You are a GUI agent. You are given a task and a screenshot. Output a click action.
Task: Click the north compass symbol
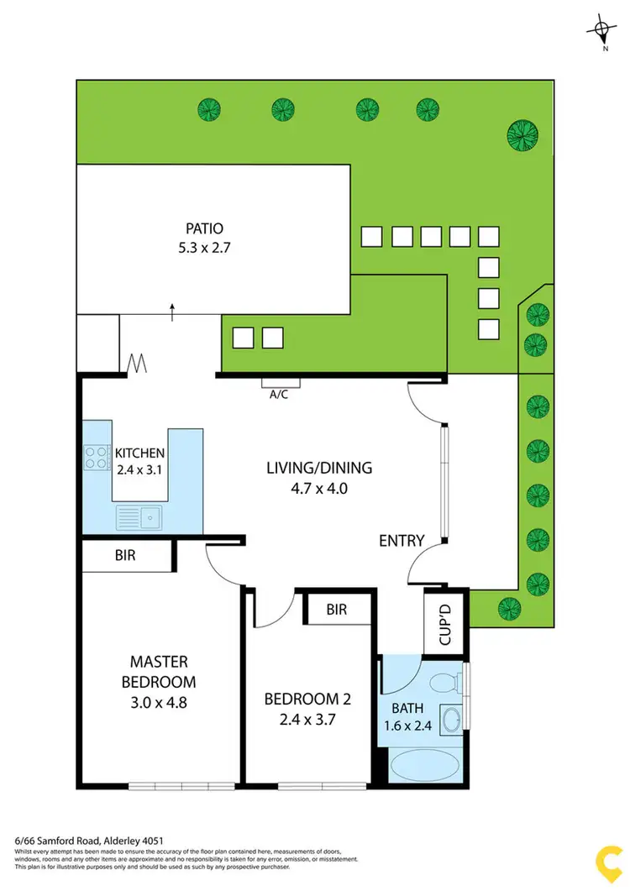pyautogui.click(x=602, y=31)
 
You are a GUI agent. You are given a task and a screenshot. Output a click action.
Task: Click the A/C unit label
pyautogui.click(x=278, y=394)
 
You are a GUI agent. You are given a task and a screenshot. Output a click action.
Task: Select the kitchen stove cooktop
pyautogui.click(x=95, y=456)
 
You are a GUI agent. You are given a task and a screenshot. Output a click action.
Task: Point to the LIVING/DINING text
pyautogui.click(x=319, y=468)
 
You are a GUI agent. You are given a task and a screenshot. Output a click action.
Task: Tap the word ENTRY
pyautogui.click(x=402, y=541)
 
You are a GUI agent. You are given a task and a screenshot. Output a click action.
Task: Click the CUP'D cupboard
pyautogui.click(x=444, y=622)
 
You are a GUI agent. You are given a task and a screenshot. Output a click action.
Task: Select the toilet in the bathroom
pyautogui.click(x=451, y=680)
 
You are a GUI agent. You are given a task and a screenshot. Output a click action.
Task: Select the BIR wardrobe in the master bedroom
pyautogui.click(x=125, y=555)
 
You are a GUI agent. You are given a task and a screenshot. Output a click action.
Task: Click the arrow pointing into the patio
pyautogui.click(x=172, y=312)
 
